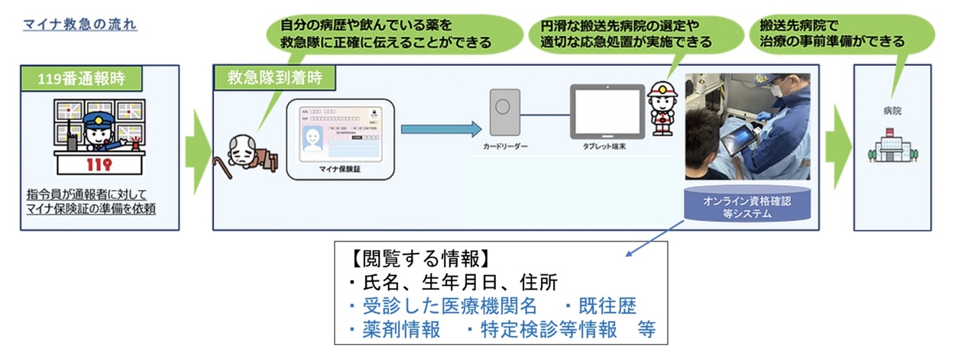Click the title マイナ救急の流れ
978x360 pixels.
(x=80, y=24)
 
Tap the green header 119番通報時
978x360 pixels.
(x=83, y=78)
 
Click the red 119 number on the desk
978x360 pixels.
(x=100, y=164)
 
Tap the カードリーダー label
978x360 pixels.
(x=505, y=144)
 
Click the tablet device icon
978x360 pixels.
(x=607, y=112)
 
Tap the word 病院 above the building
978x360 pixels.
(x=891, y=111)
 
